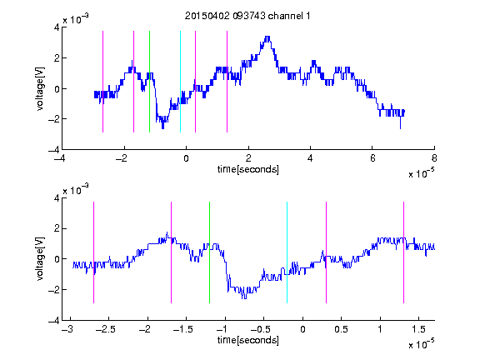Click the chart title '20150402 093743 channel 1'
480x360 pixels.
(x=247, y=16)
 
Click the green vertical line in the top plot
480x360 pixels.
(x=149, y=82)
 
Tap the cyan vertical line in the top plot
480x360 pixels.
(x=180, y=82)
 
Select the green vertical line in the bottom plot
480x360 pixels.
(x=209, y=252)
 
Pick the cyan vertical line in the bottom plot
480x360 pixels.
(x=287, y=252)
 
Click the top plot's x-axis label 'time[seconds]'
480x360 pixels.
(x=248, y=169)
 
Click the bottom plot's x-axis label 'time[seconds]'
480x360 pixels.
(x=248, y=340)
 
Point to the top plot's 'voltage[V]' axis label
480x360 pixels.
(x=40, y=89)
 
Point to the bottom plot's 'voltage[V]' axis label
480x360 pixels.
(x=40, y=259)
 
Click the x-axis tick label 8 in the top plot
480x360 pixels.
(x=434, y=158)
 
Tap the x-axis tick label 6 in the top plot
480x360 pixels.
(x=372, y=158)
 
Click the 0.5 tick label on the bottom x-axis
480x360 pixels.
(x=341, y=329)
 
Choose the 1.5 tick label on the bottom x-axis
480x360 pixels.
(x=418, y=329)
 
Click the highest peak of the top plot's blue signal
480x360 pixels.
(x=267, y=37)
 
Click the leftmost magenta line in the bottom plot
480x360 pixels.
(x=93, y=252)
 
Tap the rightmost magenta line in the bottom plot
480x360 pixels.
(x=403, y=252)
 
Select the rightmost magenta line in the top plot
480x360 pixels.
(x=227, y=82)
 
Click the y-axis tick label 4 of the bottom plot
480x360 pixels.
(x=57, y=198)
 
